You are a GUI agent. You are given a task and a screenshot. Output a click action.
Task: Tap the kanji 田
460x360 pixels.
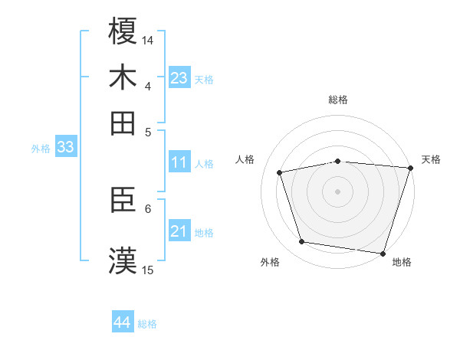123,123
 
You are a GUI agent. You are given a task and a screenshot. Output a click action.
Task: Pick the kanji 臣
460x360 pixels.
123,201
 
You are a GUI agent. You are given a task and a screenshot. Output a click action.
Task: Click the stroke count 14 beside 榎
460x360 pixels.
148,40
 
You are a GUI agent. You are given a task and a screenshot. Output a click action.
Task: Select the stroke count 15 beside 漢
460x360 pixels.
148,270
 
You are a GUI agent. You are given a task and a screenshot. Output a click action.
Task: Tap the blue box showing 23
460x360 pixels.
179,78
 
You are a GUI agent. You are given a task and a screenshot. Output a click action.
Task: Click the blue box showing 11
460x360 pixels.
179,162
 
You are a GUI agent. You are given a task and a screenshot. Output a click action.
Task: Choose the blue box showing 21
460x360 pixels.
179,231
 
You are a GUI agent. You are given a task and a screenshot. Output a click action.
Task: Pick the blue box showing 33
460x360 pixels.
65,147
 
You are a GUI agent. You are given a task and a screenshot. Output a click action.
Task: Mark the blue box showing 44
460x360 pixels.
123,322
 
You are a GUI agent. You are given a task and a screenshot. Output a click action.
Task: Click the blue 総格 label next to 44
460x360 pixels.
147,324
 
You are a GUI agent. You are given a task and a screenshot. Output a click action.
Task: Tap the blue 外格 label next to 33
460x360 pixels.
41,149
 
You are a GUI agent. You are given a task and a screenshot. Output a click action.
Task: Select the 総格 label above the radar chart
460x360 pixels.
338,100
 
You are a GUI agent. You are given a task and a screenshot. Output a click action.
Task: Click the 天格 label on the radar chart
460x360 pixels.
431,159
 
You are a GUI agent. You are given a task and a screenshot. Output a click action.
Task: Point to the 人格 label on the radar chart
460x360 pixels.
245,159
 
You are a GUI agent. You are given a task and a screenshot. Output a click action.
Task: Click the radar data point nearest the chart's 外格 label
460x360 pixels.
302,242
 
